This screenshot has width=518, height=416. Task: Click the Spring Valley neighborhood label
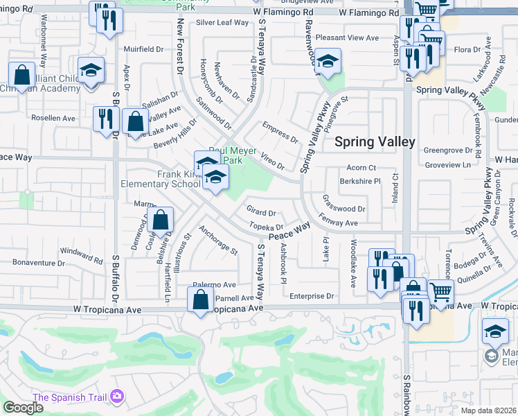click(375, 142)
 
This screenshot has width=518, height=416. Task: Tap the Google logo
click(23, 408)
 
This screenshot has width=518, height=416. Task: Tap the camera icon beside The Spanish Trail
click(116, 397)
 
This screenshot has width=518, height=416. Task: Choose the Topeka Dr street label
click(267, 227)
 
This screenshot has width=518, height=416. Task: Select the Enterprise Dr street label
click(312, 296)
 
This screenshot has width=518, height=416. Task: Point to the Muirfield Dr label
click(142, 50)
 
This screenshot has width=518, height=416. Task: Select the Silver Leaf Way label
click(222, 22)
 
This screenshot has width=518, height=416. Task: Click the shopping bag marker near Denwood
click(161, 221)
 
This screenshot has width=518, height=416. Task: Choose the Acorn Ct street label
click(361, 168)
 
